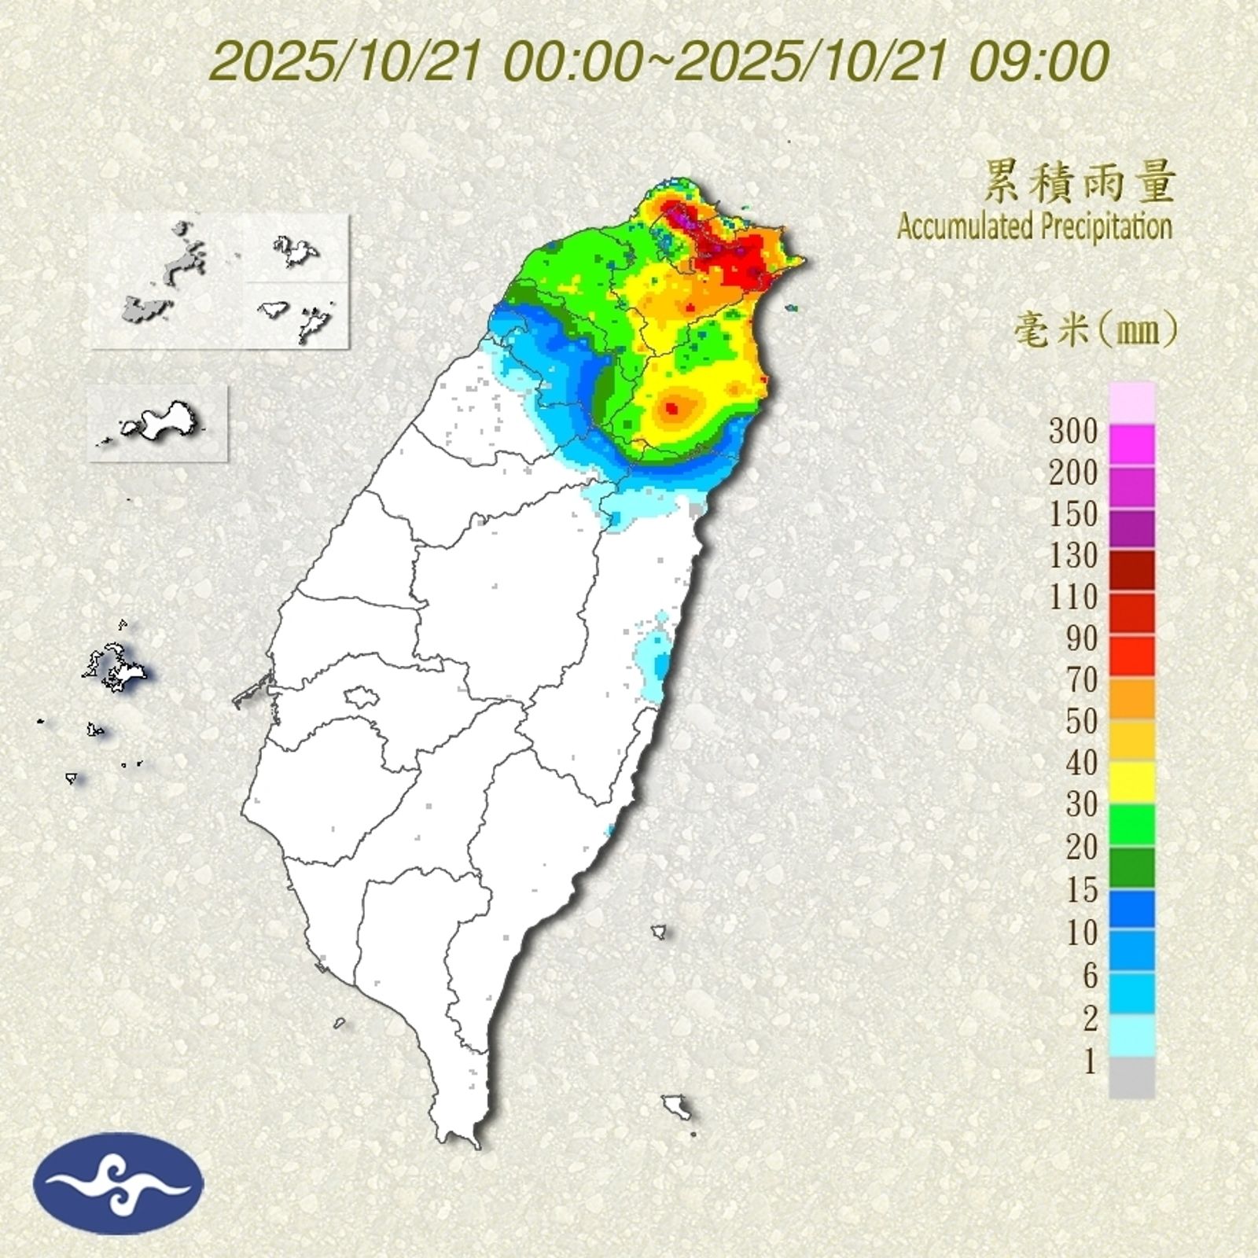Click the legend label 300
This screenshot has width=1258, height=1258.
(x=1073, y=431)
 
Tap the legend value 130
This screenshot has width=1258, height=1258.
(x=1073, y=556)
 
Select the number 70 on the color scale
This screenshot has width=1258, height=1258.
(x=1082, y=681)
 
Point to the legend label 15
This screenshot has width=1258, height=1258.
(x=1082, y=890)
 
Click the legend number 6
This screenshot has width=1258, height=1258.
(x=1090, y=976)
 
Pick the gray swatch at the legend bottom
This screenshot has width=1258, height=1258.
(x=1132, y=1077)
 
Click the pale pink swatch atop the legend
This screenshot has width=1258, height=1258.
(x=1132, y=402)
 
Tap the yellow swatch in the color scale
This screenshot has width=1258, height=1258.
(x=1132, y=782)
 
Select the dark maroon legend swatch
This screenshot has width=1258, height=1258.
(x=1132, y=570)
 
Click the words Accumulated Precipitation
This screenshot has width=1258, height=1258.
(x=1035, y=227)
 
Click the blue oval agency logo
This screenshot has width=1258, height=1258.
(x=118, y=1183)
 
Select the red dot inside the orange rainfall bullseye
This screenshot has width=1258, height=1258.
(x=671, y=407)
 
